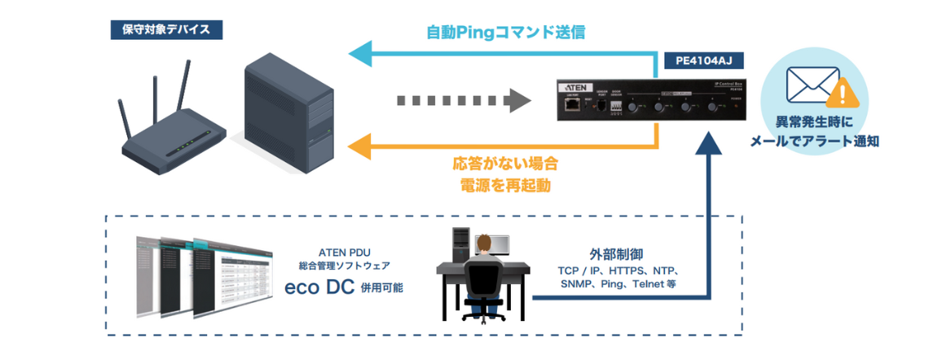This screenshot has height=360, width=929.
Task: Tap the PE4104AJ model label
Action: click(703, 60)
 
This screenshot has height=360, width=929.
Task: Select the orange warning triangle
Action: click(842, 95)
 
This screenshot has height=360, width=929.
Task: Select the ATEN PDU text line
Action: click(344, 252)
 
